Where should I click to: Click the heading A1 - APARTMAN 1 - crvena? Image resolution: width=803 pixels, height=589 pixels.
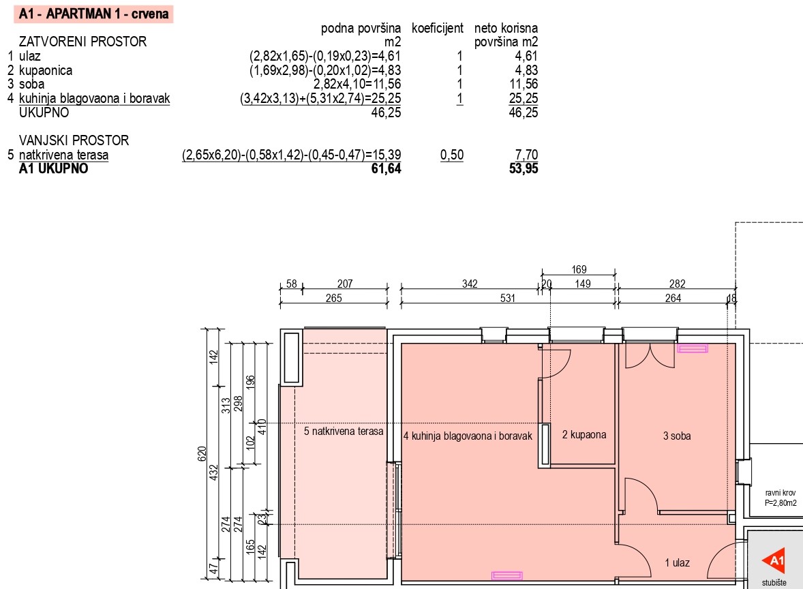pyautogui.click(x=93, y=14)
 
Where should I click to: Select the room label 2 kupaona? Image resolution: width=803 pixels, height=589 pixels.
pyautogui.click(x=584, y=435)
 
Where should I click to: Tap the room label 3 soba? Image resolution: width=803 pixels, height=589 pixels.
pyautogui.click(x=676, y=436)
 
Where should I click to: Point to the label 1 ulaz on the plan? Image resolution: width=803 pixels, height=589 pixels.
pyautogui.click(x=677, y=563)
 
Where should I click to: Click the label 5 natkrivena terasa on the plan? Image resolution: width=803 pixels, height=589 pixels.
pyautogui.click(x=344, y=432)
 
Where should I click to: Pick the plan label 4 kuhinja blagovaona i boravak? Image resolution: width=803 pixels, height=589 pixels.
pyautogui.click(x=468, y=436)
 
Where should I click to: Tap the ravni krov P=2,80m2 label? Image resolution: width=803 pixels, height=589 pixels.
pyautogui.click(x=781, y=498)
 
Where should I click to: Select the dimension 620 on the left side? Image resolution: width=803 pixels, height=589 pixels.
pyautogui.click(x=202, y=454)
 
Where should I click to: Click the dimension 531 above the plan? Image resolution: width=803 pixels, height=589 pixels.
pyautogui.click(x=508, y=298)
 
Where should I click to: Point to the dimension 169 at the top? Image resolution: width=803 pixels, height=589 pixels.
pyautogui.click(x=579, y=269)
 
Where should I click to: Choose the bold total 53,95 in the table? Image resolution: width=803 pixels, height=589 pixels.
pyautogui.click(x=524, y=168)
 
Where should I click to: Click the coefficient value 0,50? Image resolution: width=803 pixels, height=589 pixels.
pyautogui.click(x=452, y=155)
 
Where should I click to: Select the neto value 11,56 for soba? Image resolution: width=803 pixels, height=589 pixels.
pyautogui.click(x=524, y=84)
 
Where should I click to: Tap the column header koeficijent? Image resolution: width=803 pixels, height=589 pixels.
pyautogui.click(x=438, y=28)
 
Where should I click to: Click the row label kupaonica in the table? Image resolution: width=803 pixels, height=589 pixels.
pyautogui.click(x=46, y=70)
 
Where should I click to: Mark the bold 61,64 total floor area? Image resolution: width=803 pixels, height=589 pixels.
pyautogui.click(x=386, y=168)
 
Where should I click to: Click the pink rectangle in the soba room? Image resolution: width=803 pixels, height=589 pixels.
pyautogui.click(x=693, y=349)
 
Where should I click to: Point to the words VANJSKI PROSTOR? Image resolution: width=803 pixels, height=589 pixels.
pyautogui.click(x=74, y=140)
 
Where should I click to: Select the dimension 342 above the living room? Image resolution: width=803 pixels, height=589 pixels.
pyautogui.click(x=470, y=284)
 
